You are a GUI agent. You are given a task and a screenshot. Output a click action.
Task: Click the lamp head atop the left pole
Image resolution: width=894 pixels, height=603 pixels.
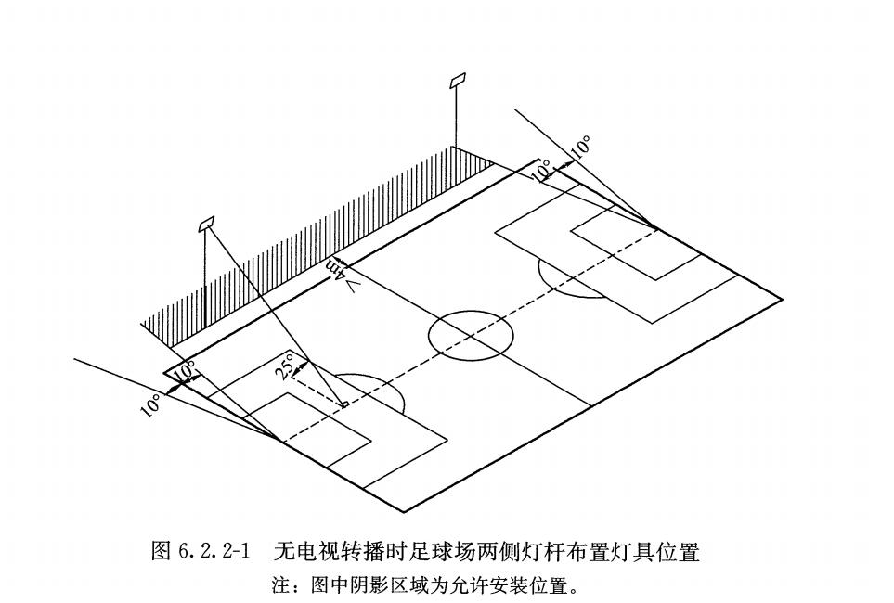tap(206, 224)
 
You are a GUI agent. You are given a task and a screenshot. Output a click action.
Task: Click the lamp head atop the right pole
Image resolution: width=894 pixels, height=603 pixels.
tap(457, 81)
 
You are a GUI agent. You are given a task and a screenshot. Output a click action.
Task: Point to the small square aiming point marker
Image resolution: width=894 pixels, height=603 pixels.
tap(344, 404)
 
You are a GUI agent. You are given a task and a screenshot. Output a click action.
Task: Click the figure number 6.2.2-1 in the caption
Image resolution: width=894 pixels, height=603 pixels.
tap(215, 553)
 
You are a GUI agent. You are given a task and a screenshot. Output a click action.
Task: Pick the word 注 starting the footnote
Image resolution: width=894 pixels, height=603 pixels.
tap(279, 586)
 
